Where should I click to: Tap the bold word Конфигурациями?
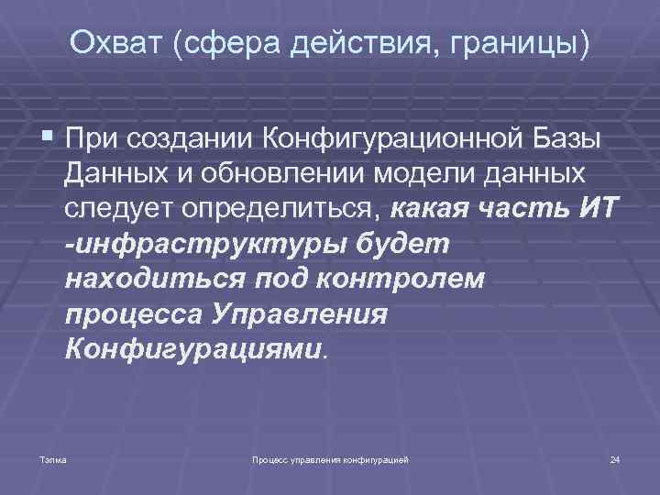tap(193, 349)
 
